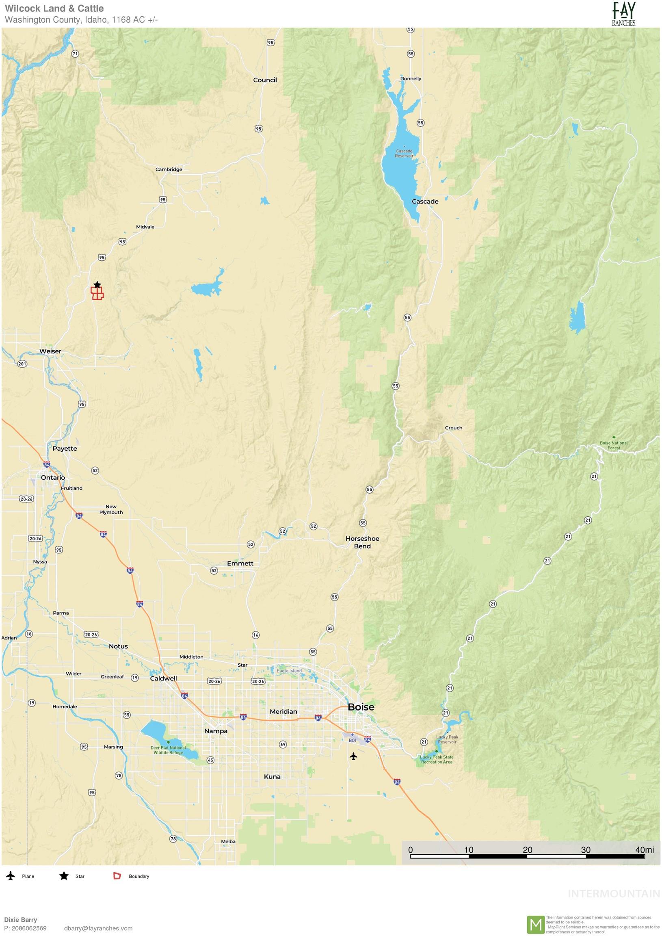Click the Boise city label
pyautogui.click(x=361, y=707)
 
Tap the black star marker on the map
pyautogui.click(x=97, y=284)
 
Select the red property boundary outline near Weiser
pyautogui.click(x=97, y=294)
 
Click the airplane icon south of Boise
pyautogui.click(x=353, y=756)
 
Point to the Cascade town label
pyautogui.click(x=425, y=201)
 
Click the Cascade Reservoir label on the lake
pyautogui.click(x=404, y=153)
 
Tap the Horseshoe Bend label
pyautogui.click(x=362, y=542)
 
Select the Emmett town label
pyautogui.click(x=240, y=563)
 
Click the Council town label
pyautogui.click(x=265, y=80)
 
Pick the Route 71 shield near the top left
pyautogui.click(x=75, y=53)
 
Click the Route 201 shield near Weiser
pyautogui.click(x=22, y=364)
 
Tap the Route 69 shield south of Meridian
pyautogui.click(x=283, y=744)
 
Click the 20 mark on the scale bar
pyautogui.click(x=527, y=850)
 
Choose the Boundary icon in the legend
pyautogui.click(x=117, y=876)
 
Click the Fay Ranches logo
pyautogui.click(x=623, y=13)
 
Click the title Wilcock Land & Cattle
pyautogui.click(x=54, y=8)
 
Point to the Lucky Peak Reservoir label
pyautogui.click(x=447, y=739)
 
